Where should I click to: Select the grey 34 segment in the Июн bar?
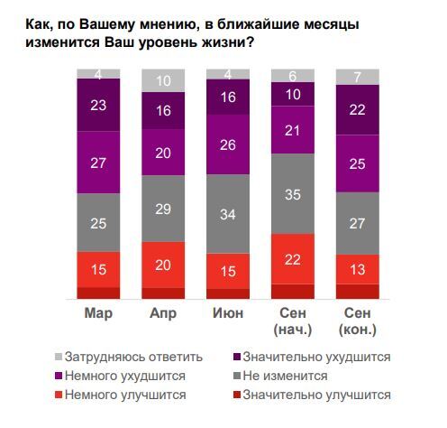pyautogui.click(x=228, y=213)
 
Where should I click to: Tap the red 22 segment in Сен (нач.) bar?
pyautogui.click(x=293, y=258)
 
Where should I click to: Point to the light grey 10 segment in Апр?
pyautogui.click(x=163, y=81)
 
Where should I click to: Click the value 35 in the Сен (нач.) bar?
pyautogui.click(x=293, y=193)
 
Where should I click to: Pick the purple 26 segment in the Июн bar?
pyautogui.click(x=228, y=144)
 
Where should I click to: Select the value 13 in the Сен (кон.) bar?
pyautogui.click(x=358, y=268)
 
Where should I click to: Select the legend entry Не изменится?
pyautogui.click(x=296, y=375)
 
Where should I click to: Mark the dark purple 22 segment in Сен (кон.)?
pyautogui.click(x=358, y=107)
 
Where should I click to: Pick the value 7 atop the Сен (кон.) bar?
pyautogui.click(x=358, y=75)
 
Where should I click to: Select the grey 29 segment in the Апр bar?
pyautogui.click(x=163, y=208)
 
